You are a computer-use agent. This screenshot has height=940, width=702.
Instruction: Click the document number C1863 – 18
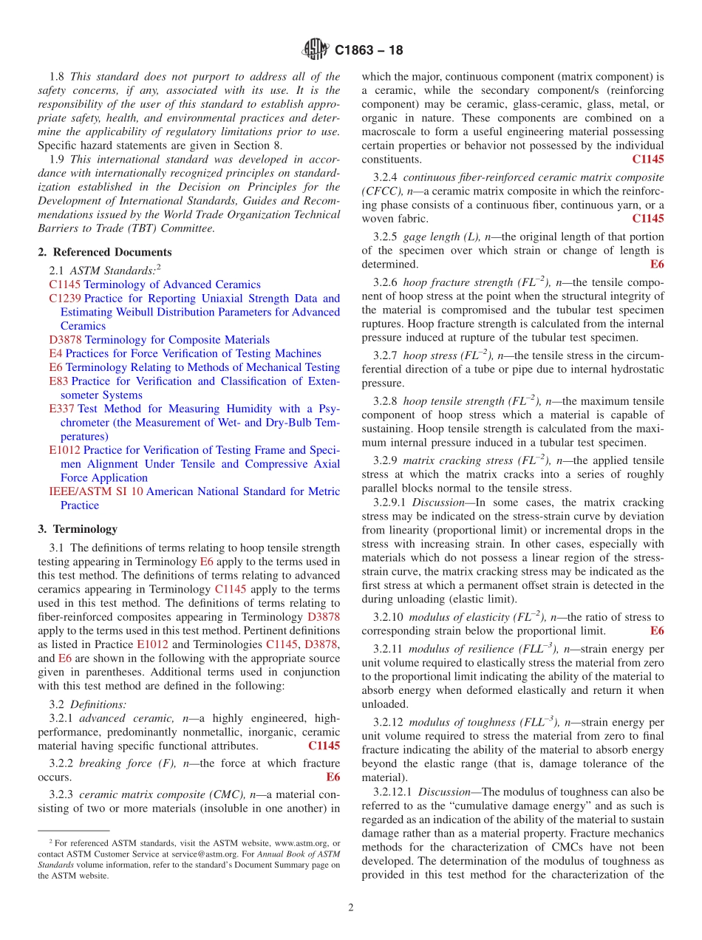[x=369, y=51]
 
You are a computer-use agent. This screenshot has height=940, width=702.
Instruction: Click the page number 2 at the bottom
[x=351, y=907]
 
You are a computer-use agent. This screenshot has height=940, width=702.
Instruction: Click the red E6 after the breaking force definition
[x=333, y=777]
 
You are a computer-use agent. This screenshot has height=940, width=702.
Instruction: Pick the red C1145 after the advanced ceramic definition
[x=324, y=746]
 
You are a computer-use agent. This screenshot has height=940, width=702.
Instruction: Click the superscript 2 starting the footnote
[x=51, y=841]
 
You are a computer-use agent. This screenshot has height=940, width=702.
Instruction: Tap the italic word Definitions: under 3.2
[x=98, y=704]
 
